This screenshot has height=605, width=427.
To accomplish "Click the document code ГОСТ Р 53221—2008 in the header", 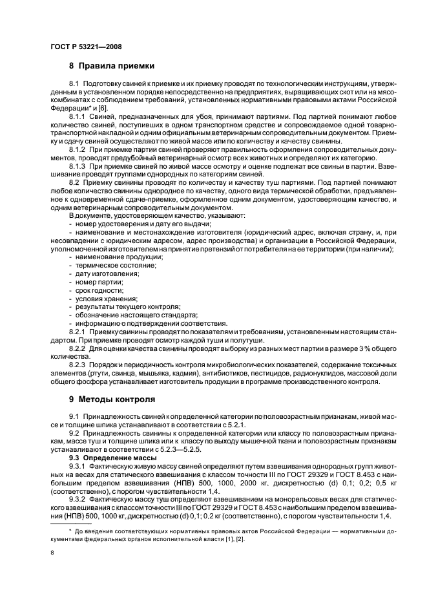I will [x=86, y=47].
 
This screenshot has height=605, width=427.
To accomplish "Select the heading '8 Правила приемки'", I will [x=112, y=66].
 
